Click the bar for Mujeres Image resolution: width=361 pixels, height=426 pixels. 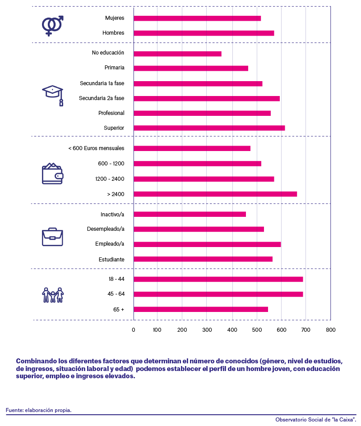(x=197, y=18)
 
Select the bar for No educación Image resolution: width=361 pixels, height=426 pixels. (x=178, y=54)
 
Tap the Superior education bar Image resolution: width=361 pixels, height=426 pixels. (x=209, y=128)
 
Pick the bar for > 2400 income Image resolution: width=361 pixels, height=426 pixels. (x=215, y=194)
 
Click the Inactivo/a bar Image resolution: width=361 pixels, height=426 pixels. (x=190, y=215)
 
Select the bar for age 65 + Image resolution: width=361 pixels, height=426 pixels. (x=201, y=309)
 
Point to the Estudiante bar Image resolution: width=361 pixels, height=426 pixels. (x=203, y=259)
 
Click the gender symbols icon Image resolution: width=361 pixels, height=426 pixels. (x=52, y=26)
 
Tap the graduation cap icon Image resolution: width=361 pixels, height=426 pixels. (x=53, y=96)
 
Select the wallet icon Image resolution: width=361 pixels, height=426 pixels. (x=52, y=174)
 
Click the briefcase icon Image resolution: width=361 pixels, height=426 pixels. (x=52, y=237)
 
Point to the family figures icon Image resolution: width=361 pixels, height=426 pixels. (x=53, y=295)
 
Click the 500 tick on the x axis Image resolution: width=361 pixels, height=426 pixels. (x=257, y=330)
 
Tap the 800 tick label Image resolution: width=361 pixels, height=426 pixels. (x=331, y=330)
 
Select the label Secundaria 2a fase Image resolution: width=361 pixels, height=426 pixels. (x=102, y=98)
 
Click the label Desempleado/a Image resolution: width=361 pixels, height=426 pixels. (x=106, y=229)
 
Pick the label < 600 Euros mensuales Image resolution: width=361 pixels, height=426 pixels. (x=96, y=148)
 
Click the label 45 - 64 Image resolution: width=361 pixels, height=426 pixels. (x=116, y=294)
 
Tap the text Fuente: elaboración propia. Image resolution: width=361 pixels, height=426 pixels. (x=39, y=410)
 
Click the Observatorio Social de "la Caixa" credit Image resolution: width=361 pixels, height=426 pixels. (x=316, y=420)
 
